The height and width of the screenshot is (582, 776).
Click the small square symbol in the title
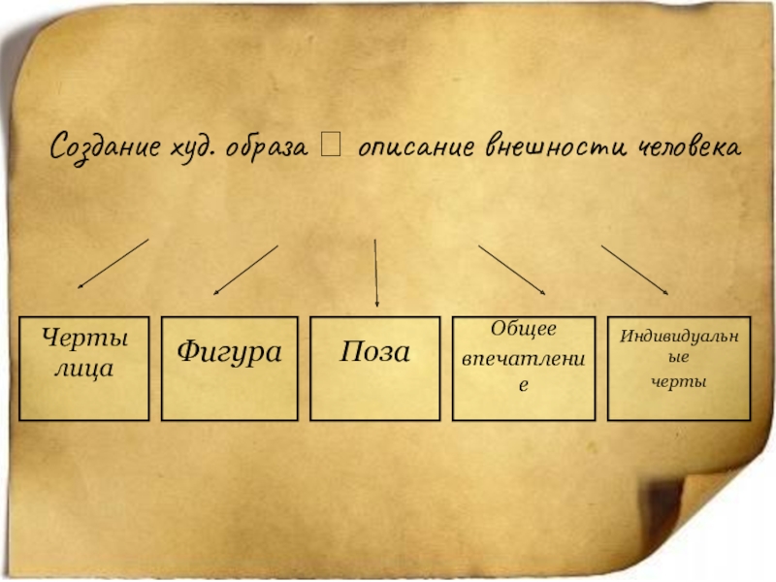tap(332, 147)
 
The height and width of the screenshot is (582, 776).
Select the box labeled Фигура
tap(229, 368)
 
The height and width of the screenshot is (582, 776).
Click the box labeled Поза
tap(375, 368)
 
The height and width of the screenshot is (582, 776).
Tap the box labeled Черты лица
tap(84, 368)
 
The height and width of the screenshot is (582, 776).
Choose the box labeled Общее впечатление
tap(523, 368)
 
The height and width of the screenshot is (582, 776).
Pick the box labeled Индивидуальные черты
tap(679, 368)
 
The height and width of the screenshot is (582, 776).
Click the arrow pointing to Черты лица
tap(113, 264)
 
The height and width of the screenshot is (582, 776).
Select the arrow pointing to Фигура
tap(245, 269)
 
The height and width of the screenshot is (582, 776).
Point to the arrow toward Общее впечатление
tap(512, 270)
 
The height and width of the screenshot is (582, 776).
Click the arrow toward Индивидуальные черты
tap(634, 270)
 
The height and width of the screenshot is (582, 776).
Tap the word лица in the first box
tap(84, 370)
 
